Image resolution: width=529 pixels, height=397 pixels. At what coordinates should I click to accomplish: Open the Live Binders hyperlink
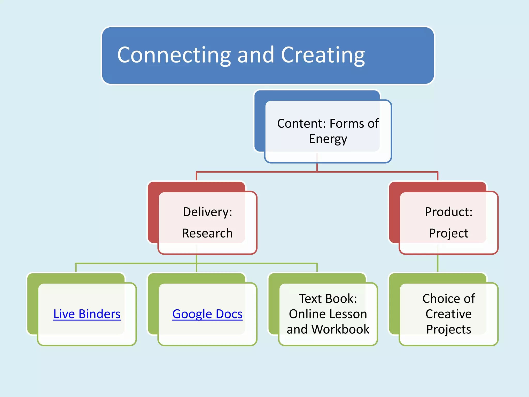pos(87,314)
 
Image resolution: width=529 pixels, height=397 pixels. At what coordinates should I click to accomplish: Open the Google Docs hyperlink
pos(207,314)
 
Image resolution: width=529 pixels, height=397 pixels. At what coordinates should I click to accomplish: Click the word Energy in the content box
pos(328,139)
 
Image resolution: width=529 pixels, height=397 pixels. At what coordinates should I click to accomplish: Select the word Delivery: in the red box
pos(207,212)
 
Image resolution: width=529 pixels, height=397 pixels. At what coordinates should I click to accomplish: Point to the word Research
pos(207,233)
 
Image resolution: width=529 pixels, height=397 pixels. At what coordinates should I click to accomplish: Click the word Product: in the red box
pos(449,212)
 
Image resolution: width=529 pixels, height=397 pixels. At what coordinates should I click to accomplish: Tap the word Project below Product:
pos(449,233)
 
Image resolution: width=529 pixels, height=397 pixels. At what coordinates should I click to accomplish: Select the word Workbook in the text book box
pos(340,329)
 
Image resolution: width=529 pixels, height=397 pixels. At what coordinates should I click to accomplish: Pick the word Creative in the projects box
pos(449,314)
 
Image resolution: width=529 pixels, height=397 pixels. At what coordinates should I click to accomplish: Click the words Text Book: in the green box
pos(328,299)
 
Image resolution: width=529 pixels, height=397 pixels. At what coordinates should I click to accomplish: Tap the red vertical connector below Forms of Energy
pos(317,167)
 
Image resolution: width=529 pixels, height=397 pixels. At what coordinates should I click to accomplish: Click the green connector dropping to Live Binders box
pos(76,268)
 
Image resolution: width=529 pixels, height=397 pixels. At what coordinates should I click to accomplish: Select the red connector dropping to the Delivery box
pos(197,176)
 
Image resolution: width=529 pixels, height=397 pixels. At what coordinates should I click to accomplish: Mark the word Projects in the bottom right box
pos(449,329)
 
